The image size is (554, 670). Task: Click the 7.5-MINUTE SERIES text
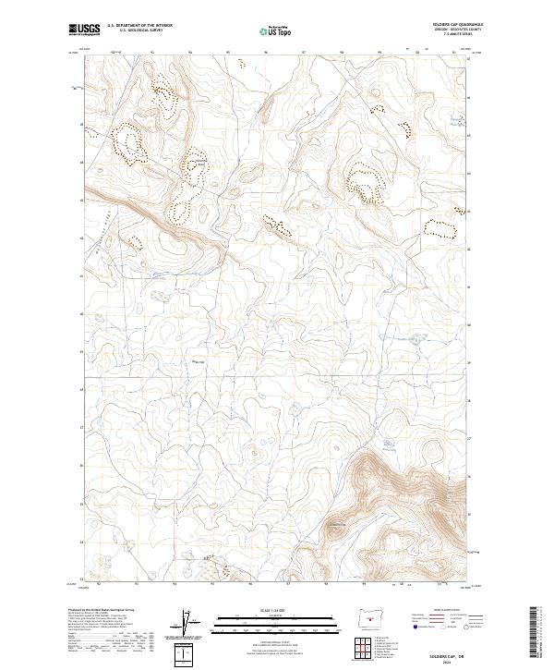452,35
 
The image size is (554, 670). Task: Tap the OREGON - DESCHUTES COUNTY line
450,30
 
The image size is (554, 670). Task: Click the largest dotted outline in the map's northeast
365,181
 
